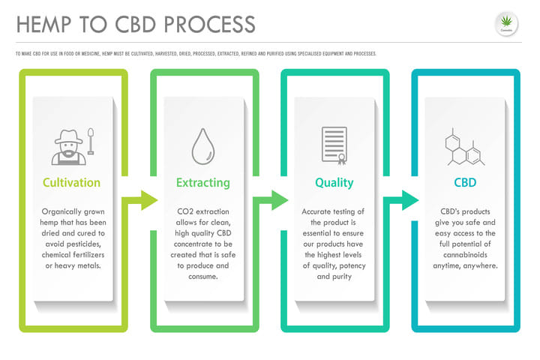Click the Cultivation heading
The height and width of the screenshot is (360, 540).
click(x=72, y=182)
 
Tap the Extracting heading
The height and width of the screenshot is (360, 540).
click(x=202, y=182)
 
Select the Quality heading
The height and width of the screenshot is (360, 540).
click(x=334, y=182)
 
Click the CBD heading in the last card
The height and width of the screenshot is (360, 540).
click(x=465, y=182)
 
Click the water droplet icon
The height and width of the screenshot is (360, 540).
click(x=203, y=145)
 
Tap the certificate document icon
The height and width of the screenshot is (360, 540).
click(x=334, y=145)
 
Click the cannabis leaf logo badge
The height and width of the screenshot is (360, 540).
click(x=507, y=23)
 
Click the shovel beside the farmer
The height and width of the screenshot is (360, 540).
click(x=91, y=142)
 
